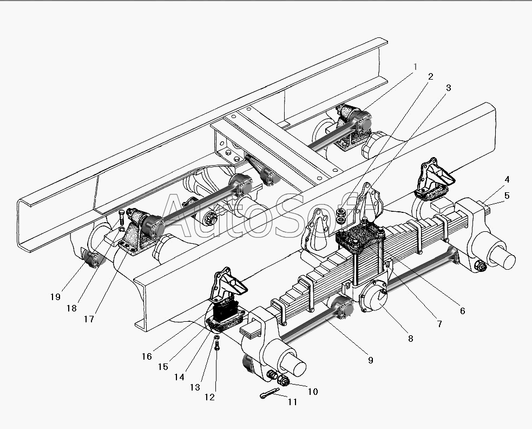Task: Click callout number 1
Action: tap(415, 67)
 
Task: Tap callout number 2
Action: tap(430, 76)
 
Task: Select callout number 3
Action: tap(448, 87)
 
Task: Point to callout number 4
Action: tap(507, 179)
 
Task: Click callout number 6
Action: tap(462, 311)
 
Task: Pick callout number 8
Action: tap(410, 339)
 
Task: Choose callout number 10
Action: tap(312, 391)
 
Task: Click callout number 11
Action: tap(292, 402)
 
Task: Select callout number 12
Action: tap(209, 397)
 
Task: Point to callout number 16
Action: tap(147, 356)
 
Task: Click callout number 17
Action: tap(89, 319)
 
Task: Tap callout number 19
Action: tap(56, 296)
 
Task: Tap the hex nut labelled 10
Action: tap(284, 381)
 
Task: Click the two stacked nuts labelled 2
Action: tap(341, 214)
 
